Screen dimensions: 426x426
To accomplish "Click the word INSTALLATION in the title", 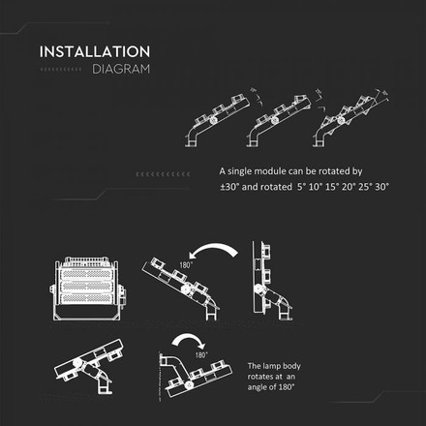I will tap(94, 51).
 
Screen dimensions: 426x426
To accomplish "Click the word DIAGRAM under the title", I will tap(121, 70).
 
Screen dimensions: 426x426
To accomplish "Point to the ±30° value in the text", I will tap(230, 185).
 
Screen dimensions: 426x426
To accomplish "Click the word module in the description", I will tap(273, 169).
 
